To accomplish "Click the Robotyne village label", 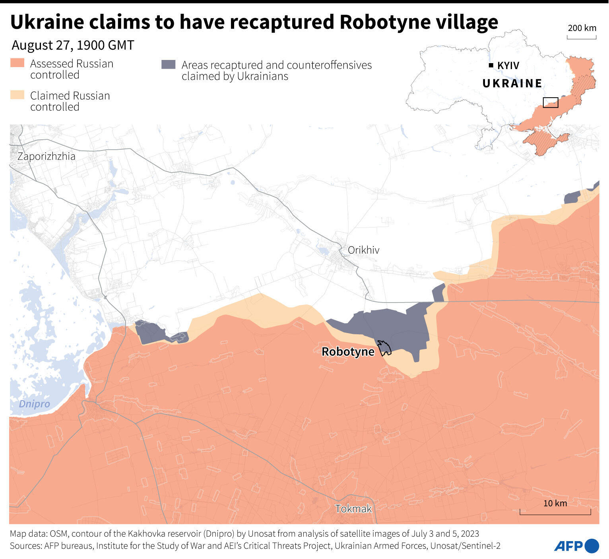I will [x=348, y=352].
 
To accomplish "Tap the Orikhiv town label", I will [x=363, y=250].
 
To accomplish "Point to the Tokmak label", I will [x=353, y=509].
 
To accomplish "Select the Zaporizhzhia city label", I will [x=47, y=156].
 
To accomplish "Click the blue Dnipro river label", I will [x=35, y=404].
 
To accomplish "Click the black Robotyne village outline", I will [x=384, y=348].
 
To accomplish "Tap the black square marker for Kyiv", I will [x=491, y=65].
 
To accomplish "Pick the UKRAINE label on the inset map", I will [x=512, y=83].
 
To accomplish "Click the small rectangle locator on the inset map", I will [x=551, y=102].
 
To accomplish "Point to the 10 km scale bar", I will [x=555, y=512].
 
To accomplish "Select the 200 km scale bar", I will [x=582, y=37].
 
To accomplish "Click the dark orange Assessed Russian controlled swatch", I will [x=17, y=63].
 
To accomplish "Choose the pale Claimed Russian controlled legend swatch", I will [x=17, y=95].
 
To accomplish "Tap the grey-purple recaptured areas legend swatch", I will [x=168, y=65].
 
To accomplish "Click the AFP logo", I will [x=576, y=546].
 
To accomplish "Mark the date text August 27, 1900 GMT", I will [x=73, y=45].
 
